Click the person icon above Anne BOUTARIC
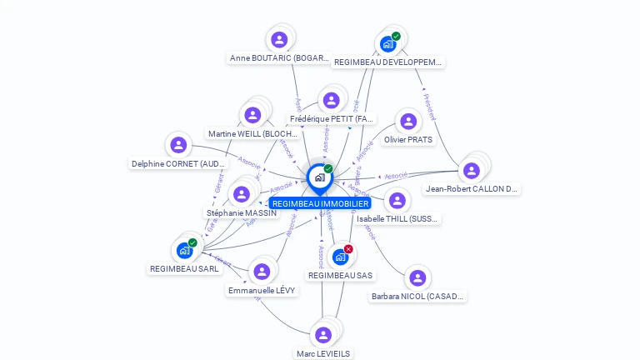(x=279, y=39)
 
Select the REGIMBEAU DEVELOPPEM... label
(x=387, y=62)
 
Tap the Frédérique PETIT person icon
(x=331, y=100)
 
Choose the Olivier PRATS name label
(x=408, y=140)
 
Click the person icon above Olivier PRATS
(x=408, y=122)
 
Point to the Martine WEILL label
(x=252, y=133)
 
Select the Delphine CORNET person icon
(x=178, y=145)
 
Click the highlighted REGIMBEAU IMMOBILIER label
(x=320, y=203)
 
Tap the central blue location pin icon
(x=319, y=177)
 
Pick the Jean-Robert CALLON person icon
(x=472, y=170)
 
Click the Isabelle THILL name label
(x=397, y=219)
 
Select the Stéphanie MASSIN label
(x=241, y=213)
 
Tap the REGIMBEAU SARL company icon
(x=184, y=250)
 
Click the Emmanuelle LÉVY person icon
(x=262, y=272)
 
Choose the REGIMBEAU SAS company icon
(x=340, y=257)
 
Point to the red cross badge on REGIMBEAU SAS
(x=348, y=248)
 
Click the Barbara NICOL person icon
(x=417, y=277)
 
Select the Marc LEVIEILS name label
(x=323, y=353)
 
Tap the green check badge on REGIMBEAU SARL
(x=192, y=242)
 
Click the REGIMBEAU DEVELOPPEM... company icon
(x=387, y=44)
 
